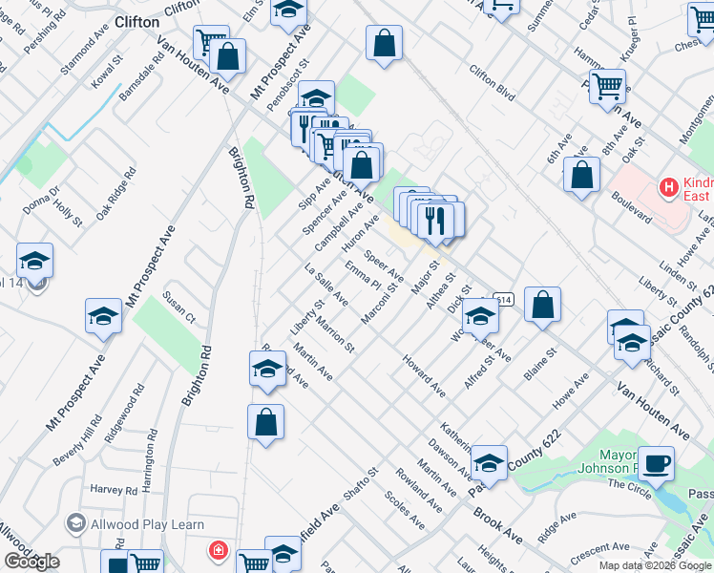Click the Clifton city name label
point(136,21)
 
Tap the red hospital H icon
point(668,184)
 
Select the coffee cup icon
point(656,464)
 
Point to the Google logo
point(32,562)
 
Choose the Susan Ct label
point(178,308)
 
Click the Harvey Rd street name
point(114,490)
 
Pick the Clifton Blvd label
point(492,81)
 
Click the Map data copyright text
point(655,565)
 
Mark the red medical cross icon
point(219,551)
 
